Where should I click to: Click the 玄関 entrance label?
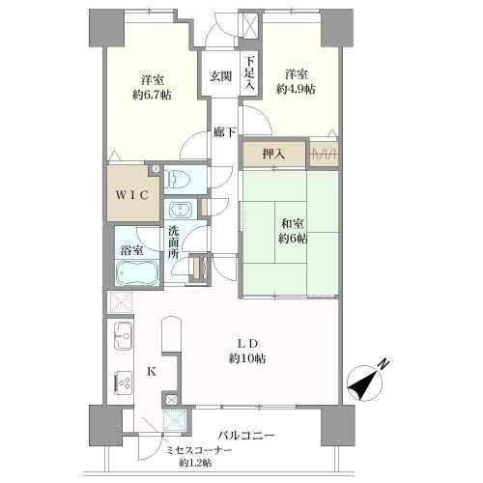click(220, 76)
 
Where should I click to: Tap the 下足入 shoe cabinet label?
click(249, 73)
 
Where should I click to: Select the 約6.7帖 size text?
click(152, 95)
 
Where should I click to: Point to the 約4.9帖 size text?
click(296, 89)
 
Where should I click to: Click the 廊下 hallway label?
click(224, 132)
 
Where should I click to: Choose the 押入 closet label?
click(273, 155)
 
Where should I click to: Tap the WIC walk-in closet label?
click(132, 195)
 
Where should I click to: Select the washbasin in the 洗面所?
click(180, 210)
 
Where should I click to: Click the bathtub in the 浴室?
click(137, 272)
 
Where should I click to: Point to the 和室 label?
click(293, 223)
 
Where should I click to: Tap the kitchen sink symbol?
click(124, 336)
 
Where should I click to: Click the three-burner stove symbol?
click(124, 383)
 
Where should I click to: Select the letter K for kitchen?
click(152, 372)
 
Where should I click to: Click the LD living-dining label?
click(247, 344)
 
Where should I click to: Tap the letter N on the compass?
click(384, 363)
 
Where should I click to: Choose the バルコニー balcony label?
click(246, 436)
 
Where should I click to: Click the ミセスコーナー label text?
click(199, 450)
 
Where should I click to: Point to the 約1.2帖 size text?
click(195, 463)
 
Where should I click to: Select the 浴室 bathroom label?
click(132, 250)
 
